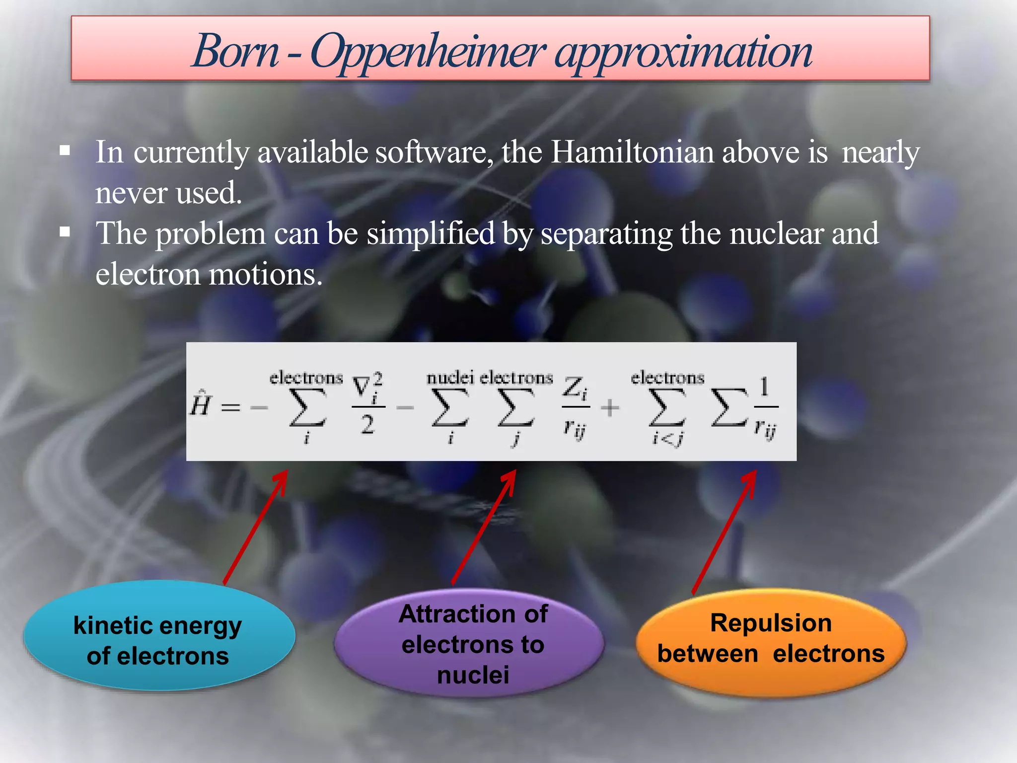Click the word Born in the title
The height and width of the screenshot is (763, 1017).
click(x=235, y=51)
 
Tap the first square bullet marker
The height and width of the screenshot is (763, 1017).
click(x=65, y=151)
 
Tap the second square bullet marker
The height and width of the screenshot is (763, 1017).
click(x=65, y=232)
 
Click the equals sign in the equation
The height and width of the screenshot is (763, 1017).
click(x=230, y=408)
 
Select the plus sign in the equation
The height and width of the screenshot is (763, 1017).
click(x=610, y=408)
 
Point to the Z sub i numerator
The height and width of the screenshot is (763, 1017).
click(x=575, y=388)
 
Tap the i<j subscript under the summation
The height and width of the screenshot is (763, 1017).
click(x=667, y=439)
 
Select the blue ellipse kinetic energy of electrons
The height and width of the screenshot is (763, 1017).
click(x=158, y=636)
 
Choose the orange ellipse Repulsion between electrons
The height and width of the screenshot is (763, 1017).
click(x=771, y=643)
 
